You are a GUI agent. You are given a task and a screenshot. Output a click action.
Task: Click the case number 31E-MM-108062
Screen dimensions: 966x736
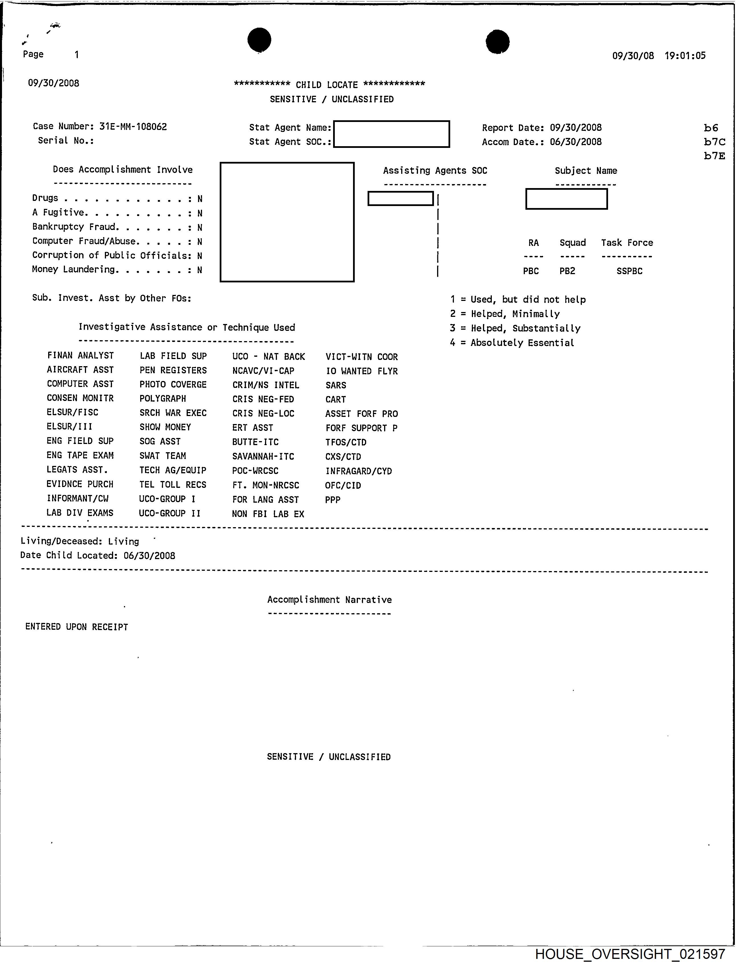(x=133, y=127)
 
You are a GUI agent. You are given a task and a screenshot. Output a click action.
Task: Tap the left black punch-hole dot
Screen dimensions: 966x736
(x=259, y=39)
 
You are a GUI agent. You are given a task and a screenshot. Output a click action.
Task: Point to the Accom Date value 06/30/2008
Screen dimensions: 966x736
(x=576, y=142)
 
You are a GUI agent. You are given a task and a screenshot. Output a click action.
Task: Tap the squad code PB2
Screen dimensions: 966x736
(x=567, y=271)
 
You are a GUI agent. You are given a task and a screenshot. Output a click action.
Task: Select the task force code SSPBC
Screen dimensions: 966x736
(x=629, y=271)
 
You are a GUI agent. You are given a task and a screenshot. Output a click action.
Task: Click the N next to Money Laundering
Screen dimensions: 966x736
(x=200, y=270)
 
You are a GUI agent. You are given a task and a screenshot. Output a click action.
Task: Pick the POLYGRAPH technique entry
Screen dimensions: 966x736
(x=162, y=399)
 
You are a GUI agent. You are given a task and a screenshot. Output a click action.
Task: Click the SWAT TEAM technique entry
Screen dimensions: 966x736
(x=162, y=456)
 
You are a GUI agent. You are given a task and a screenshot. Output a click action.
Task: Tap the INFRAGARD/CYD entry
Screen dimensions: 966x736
(x=358, y=471)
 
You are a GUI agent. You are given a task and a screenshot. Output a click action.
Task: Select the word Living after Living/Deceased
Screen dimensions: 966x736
(x=124, y=541)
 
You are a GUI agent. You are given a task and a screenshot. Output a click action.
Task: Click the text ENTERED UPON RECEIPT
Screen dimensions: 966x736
(x=77, y=627)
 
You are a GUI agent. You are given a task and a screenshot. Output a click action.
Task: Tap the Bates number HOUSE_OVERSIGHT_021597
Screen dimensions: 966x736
(x=630, y=954)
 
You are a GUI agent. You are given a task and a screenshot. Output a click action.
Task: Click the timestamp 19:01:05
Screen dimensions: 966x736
(x=685, y=56)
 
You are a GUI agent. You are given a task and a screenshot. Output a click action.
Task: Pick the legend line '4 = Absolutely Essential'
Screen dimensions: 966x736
(x=512, y=343)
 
